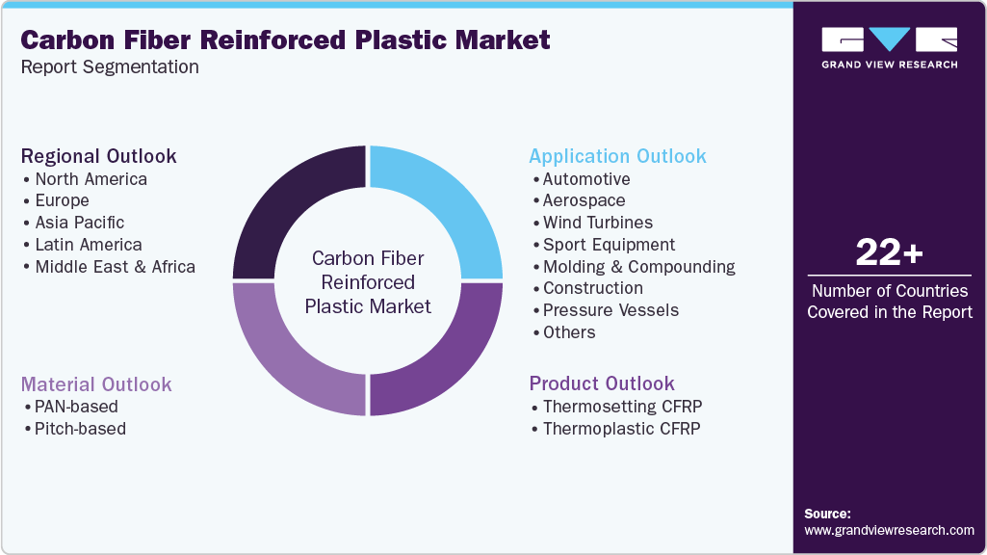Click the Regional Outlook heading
99,156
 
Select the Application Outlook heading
617,156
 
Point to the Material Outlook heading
96,383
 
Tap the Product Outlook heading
602,383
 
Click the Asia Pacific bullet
80,223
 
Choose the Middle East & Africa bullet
115,267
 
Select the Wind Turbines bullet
597,223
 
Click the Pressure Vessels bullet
610,310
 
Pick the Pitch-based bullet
80,429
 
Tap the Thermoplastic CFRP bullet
621,429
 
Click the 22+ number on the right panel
889,254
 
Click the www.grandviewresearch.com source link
889,530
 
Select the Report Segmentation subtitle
110,67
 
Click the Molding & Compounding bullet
638,267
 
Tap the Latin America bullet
88,245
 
